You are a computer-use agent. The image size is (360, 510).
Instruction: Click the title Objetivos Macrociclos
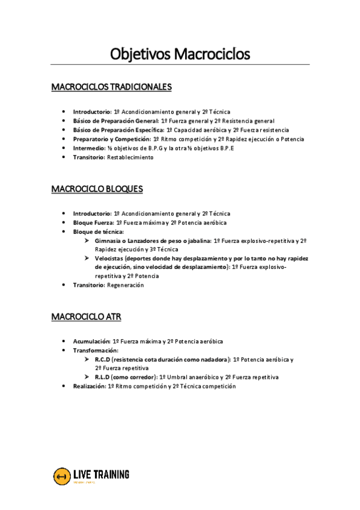[x=180, y=54]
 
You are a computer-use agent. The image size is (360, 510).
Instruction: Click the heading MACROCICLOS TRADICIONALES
[x=112, y=87]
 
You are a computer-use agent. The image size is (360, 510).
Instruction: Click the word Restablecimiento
[x=130, y=158]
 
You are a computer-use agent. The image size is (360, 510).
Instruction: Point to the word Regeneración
[x=126, y=285]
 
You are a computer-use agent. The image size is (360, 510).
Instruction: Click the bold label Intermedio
[x=88, y=148]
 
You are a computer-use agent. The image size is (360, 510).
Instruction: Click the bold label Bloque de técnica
[x=99, y=232]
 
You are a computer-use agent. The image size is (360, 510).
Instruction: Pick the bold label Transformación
[x=96, y=350]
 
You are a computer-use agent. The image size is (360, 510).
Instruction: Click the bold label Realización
[x=89, y=386]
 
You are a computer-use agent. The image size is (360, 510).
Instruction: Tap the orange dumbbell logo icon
[x=61, y=476]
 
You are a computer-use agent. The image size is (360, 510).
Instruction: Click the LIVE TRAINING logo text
[x=100, y=475]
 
